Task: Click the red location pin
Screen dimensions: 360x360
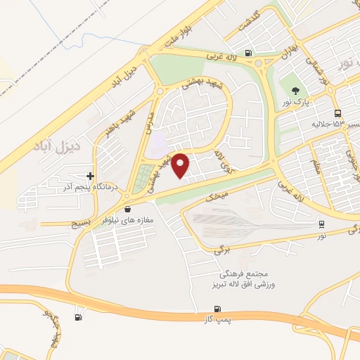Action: click(181, 165)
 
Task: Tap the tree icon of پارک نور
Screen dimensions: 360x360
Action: click(295, 91)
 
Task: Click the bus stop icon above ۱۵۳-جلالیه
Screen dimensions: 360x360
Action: click(339, 113)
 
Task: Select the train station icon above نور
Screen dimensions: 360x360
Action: click(321, 224)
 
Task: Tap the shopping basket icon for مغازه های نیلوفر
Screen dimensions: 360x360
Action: click(127, 209)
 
